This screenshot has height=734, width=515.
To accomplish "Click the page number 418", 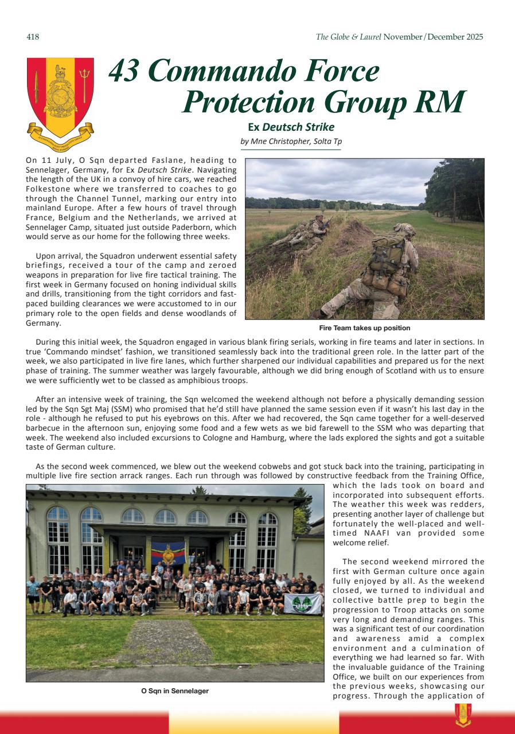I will pos(33,37).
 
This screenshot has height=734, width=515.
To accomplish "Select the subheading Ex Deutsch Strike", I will pos(291,127).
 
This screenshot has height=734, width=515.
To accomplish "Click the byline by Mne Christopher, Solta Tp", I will pos(292,141).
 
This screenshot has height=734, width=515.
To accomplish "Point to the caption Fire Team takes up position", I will pos(364,328).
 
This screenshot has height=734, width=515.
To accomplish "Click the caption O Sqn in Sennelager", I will pos(175,691).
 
